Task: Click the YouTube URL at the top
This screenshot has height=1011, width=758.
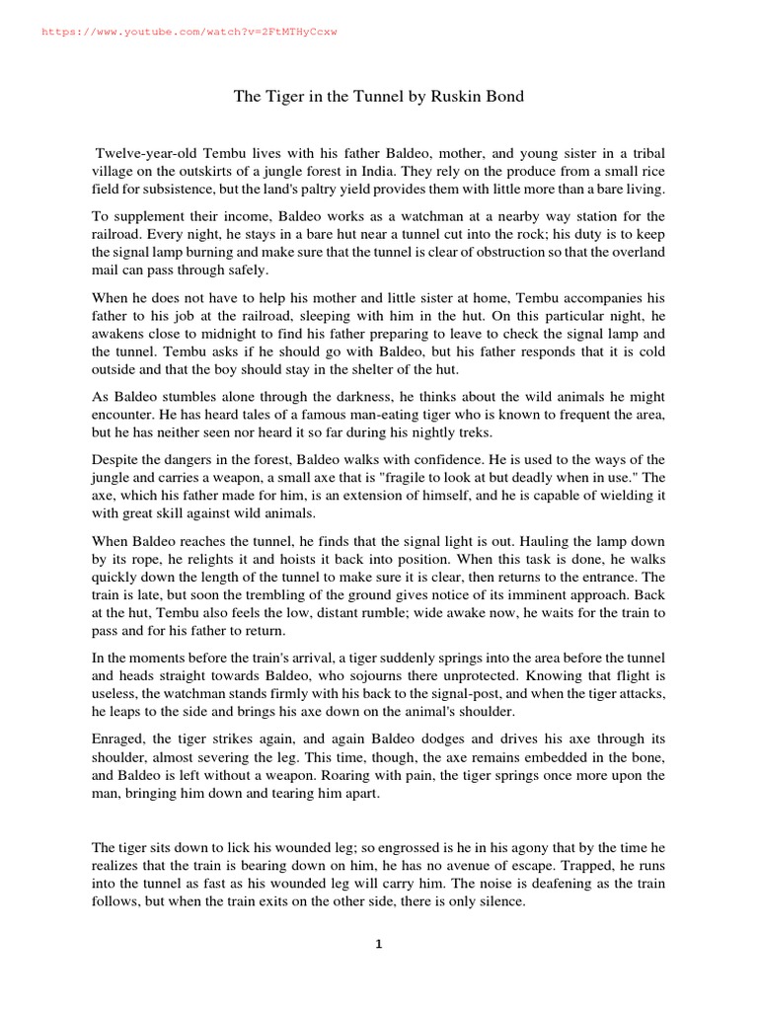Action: pos(189,32)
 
